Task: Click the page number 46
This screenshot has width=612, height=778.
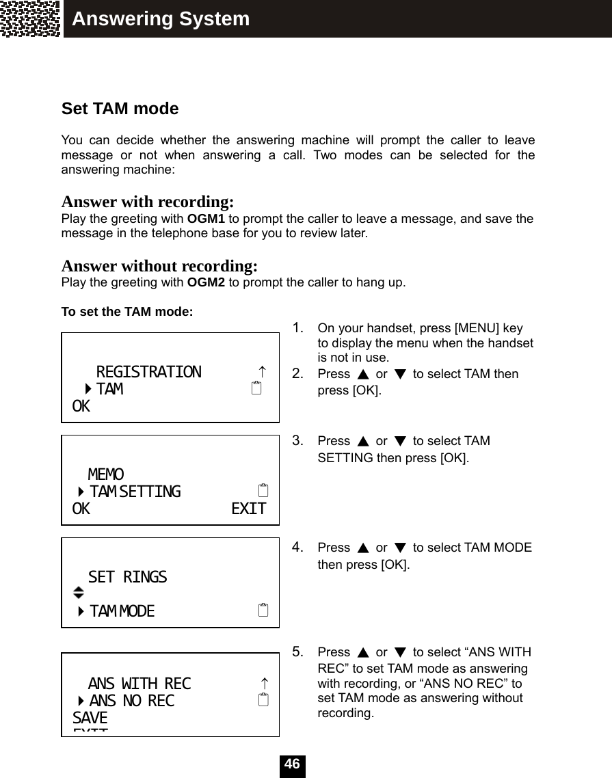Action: pos(292,764)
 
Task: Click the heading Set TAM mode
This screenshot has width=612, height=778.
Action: pos(120,109)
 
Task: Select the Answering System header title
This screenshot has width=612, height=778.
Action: pos(161,19)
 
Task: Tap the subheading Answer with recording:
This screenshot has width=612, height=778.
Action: pos(148,202)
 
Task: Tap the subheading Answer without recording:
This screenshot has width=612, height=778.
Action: pos(159,266)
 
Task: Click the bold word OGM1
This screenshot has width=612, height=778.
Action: pos(206,219)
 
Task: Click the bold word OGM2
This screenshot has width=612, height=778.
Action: pos(206,282)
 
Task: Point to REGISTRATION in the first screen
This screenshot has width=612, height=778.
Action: pos(149,372)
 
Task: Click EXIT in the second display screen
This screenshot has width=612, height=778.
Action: pos(248,509)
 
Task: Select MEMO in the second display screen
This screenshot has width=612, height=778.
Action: pos(106,474)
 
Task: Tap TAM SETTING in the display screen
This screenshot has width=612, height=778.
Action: pos(135,492)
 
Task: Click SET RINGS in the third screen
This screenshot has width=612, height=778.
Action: pos(127,577)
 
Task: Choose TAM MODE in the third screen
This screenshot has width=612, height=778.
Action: pos(122,611)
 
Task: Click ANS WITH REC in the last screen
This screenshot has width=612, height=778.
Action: pos(139,684)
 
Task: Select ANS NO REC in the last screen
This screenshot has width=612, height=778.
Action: pos(131,701)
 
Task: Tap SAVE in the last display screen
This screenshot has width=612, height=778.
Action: pos(90,718)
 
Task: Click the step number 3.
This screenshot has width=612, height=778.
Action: pos(297,440)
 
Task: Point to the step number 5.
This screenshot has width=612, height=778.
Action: pos(297,652)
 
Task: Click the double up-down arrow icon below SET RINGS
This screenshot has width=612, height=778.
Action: pos(79,593)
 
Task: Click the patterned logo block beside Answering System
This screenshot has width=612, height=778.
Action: pos(31,18)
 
